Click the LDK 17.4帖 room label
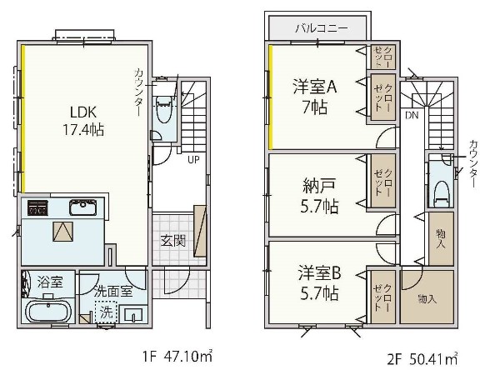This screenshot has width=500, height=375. (83, 121)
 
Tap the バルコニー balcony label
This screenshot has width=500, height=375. (321, 28)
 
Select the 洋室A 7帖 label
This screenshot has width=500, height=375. (315, 97)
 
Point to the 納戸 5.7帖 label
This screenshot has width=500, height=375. (319, 197)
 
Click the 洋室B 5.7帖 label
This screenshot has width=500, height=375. (319, 283)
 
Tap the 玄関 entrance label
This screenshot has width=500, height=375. (172, 241)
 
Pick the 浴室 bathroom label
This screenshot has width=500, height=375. (50, 282)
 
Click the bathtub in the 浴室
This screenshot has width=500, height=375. (47, 312)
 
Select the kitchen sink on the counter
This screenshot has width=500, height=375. (82, 207)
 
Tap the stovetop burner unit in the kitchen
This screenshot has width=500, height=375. (37, 207)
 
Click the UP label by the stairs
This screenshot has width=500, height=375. (193, 159)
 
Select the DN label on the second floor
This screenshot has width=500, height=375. (412, 115)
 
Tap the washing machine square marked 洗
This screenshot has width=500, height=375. (106, 312)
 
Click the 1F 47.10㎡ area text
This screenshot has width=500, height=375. (177, 356)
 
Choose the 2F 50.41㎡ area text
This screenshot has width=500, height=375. (422, 358)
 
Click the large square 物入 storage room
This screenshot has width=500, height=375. (427, 297)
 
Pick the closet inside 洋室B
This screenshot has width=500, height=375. (383, 297)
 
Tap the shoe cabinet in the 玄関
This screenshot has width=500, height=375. (200, 231)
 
